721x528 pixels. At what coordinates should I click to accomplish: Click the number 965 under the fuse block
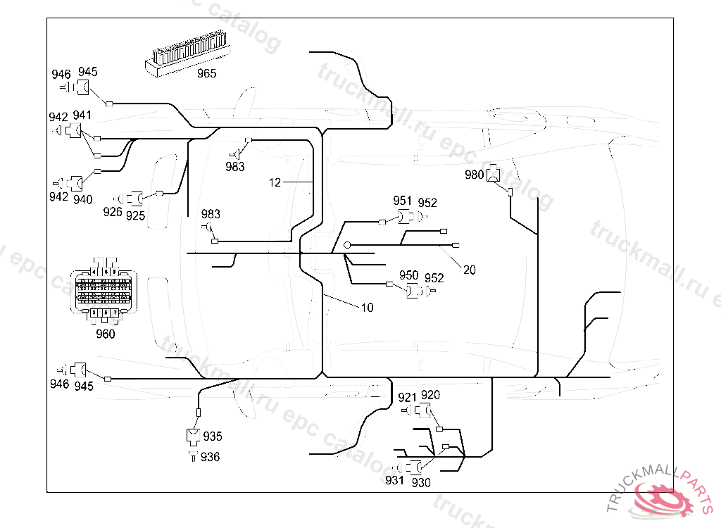tap(206, 73)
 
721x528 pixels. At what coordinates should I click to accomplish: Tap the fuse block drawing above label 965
tap(188, 53)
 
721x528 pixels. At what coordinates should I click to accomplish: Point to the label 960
tap(105, 334)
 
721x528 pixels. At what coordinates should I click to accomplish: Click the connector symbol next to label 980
tap(496, 173)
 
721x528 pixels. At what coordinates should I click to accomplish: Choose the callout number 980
tap(475, 175)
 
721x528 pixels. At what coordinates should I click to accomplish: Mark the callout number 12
tap(275, 182)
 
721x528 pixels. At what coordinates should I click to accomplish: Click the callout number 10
tap(367, 308)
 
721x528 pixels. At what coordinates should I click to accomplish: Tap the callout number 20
tap(469, 270)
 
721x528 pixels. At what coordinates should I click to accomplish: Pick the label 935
tap(212, 436)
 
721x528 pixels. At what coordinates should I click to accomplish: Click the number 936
tap(210, 458)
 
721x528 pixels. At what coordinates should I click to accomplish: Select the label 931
tap(394, 480)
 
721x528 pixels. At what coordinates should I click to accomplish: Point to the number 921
tap(408, 398)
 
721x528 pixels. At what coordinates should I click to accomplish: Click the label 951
tap(403, 201)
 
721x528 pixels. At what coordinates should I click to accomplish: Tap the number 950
tap(408, 275)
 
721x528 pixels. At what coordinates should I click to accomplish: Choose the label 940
tap(82, 199)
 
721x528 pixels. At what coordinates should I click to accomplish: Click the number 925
tap(135, 216)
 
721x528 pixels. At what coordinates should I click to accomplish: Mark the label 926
tap(113, 211)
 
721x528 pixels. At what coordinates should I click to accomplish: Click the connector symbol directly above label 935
tap(193, 436)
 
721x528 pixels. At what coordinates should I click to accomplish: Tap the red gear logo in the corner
tap(663, 497)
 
